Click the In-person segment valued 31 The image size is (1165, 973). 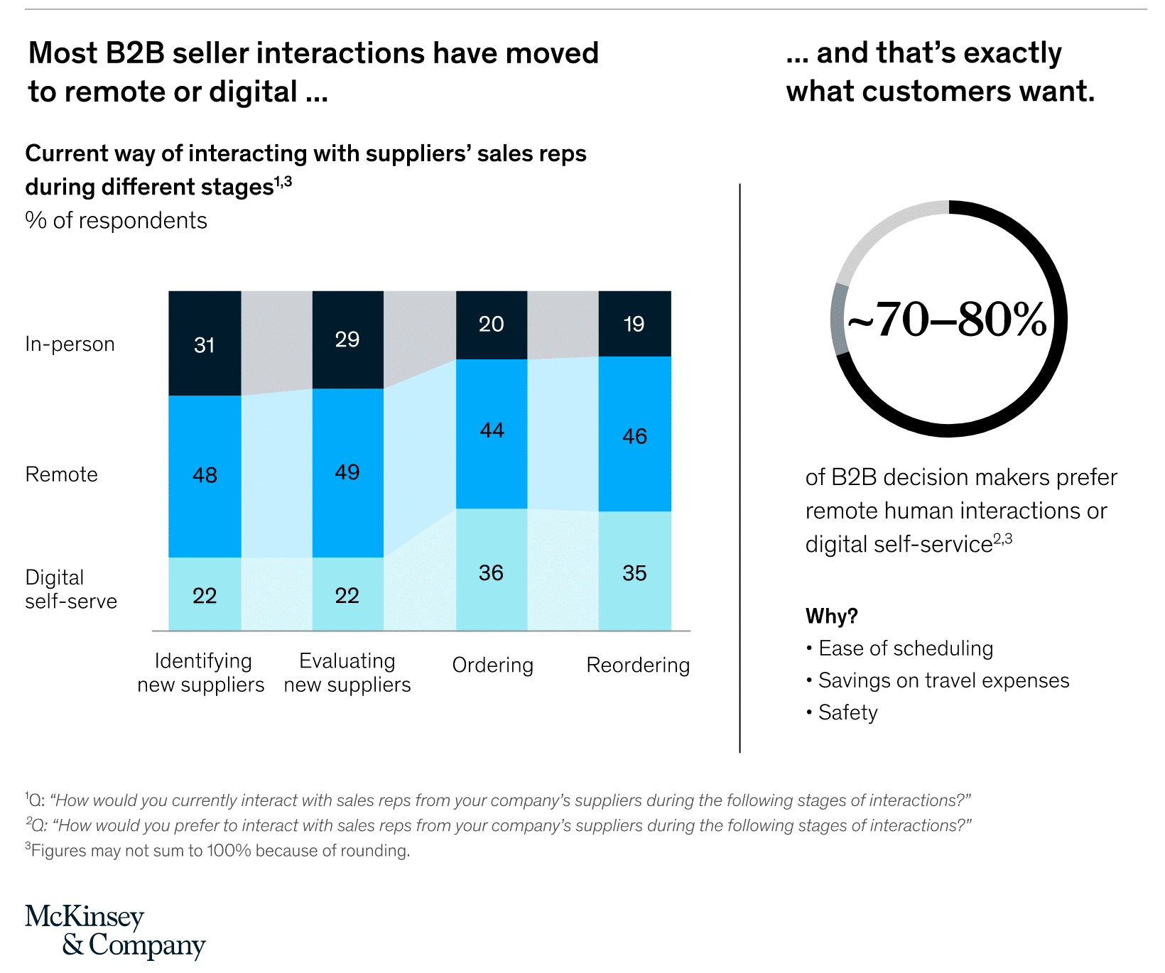[205, 344]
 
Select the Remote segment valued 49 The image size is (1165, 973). [347, 472]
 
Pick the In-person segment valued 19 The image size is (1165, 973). [634, 324]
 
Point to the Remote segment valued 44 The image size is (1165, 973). [491, 433]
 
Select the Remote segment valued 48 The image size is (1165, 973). [205, 476]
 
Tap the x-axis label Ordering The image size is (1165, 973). [492, 665]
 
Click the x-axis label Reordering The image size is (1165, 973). [638, 665]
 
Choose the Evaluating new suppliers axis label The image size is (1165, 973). [347, 673]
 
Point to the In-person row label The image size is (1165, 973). [70, 344]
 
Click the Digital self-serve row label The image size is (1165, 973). [70, 589]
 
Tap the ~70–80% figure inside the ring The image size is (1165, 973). [947, 320]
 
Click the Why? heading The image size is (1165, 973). [831, 616]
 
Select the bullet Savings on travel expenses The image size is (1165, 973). [943, 680]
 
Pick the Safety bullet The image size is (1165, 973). [847, 712]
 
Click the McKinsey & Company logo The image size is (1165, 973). [115, 931]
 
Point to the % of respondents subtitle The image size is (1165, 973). [116, 221]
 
